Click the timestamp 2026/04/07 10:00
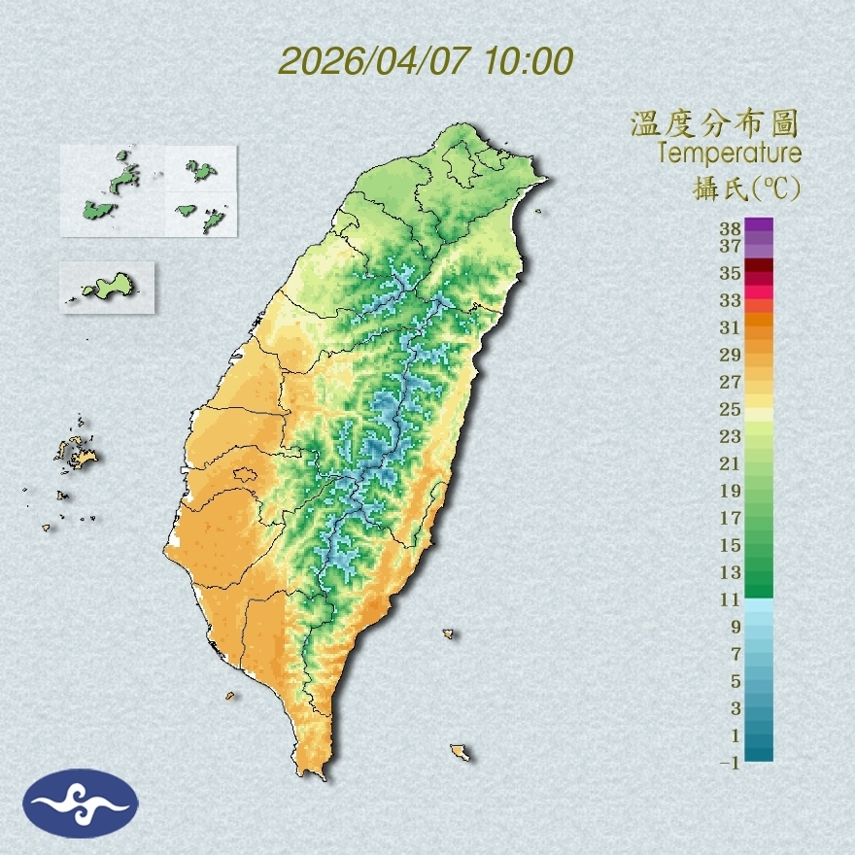tap(426, 60)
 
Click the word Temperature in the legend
tap(729, 154)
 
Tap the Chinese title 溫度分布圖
tap(714, 124)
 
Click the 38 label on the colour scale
tap(731, 229)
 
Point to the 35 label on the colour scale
tap(731, 273)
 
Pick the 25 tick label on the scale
tap(731, 409)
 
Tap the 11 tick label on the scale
tap(731, 599)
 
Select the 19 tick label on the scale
tap(731, 491)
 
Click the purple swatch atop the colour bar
tap(760, 225)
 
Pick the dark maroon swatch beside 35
tap(760, 266)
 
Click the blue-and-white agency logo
tap(82, 803)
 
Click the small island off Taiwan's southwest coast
tap(230, 695)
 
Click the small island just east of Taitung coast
tap(449, 634)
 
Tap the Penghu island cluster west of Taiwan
tap(76, 452)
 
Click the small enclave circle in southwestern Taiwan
tap(244, 475)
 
